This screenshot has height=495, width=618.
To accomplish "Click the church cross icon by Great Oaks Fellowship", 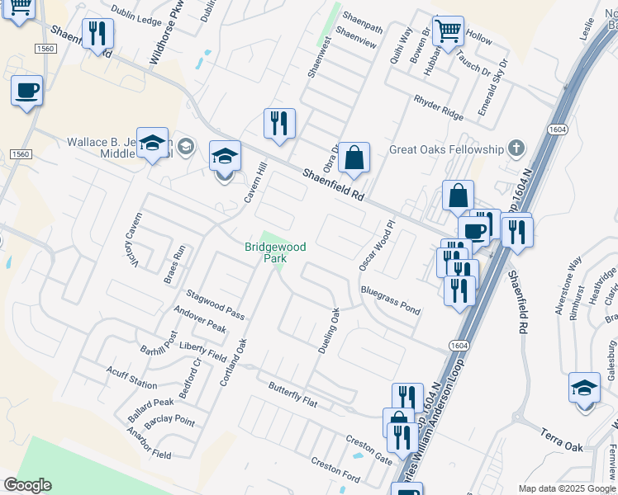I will (516, 149).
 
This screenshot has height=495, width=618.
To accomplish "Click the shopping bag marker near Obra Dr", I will (354, 158).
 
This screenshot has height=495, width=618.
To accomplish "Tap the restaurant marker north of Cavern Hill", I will (279, 125).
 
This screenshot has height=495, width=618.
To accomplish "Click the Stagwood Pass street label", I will (215, 303).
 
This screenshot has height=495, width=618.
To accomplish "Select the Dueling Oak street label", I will (330, 331).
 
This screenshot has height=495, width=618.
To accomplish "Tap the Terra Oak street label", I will (562, 440).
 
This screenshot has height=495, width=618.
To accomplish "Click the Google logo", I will (27, 485).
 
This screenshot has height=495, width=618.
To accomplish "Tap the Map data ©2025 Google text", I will (566, 488).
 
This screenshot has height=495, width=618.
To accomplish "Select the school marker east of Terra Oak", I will (585, 388).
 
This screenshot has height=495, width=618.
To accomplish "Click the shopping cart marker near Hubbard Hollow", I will (448, 32).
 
